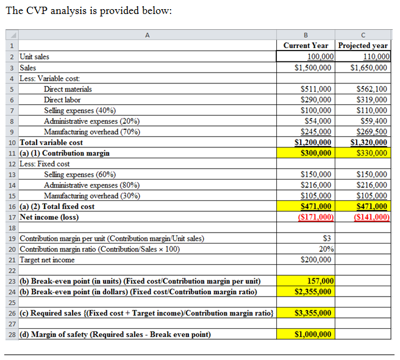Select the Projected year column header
pos(363,46)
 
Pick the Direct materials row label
pos(68,89)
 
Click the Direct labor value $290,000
pos(316,100)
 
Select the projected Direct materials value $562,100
pos(372,89)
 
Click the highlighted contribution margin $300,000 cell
pos(316,153)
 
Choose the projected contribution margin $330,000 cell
pos(372,153)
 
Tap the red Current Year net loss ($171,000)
pos(315,217)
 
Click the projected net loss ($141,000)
pos(371,217)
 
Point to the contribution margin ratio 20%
pos(324,249)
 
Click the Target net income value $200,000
pos(316,259)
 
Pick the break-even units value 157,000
pos(320,281)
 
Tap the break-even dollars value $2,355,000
pos(313,292)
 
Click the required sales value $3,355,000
pos(313,313)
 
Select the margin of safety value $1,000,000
pos(313,334)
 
